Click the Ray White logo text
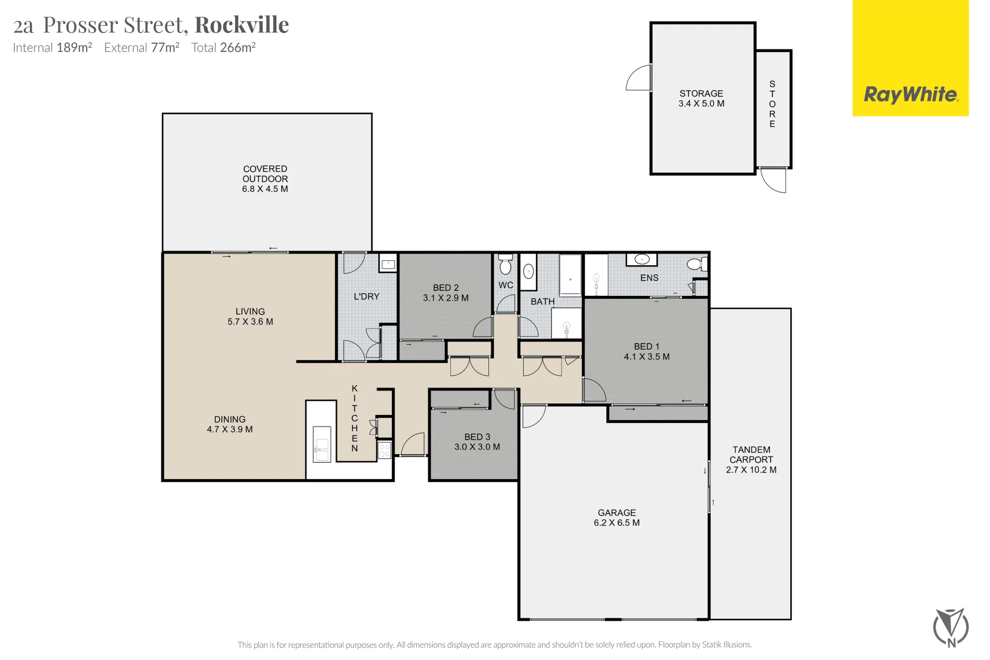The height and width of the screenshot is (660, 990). tap(910, 95)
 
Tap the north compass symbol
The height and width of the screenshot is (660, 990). tap(950, 627)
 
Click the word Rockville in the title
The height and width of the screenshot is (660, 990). tap(241, 25)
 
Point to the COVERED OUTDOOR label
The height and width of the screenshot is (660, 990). tap(265, 178)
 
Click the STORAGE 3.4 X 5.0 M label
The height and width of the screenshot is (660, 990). tap(701, 98)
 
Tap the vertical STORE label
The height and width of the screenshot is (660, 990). tap(772, 104)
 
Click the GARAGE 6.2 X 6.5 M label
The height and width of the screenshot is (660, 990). tap(617, 518)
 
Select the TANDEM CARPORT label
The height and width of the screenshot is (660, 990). tap(751, 460)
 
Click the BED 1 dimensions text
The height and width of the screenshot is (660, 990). tap(647, 357)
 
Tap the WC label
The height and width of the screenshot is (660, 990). tap(506, 285)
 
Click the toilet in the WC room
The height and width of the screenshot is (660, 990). tap(505, 265)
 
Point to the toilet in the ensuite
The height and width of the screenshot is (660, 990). tap(695, 264)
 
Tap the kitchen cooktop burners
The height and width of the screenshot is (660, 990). tap(384, 450)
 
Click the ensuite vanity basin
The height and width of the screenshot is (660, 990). tap(642, 260)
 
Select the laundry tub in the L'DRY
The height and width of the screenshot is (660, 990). tap(388, 264)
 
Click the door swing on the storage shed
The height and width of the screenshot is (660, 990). tap(639, 78)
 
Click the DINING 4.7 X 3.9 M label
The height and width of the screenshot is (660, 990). tap(230, 424)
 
